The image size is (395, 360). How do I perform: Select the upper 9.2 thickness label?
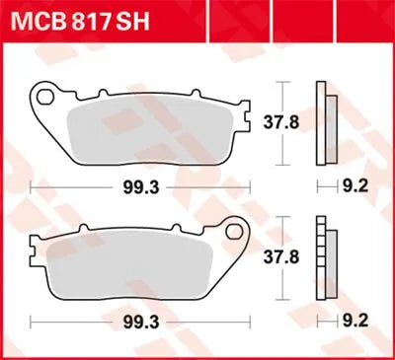[x=357, y=183]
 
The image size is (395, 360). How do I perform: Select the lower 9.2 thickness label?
[x=357, y=321]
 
